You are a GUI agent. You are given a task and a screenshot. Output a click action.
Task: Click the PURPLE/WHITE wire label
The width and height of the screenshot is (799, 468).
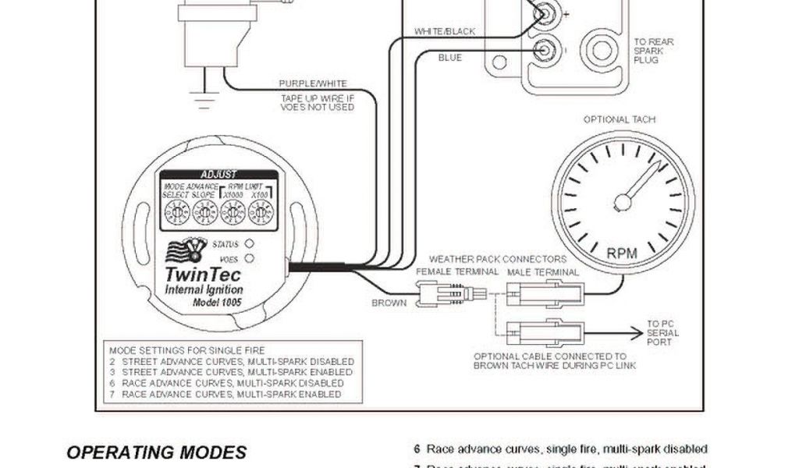click(x=313, y=83)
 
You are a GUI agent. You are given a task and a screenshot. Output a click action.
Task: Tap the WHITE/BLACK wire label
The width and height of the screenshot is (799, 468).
click(x=445, y=31)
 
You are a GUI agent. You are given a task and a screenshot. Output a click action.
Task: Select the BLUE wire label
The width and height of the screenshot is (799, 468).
click(x=449, y=58)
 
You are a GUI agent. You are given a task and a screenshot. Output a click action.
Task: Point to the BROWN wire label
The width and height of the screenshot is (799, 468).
click(x=389, y=303)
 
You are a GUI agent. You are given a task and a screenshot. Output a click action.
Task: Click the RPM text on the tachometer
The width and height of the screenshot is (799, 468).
click(x=622, y=252)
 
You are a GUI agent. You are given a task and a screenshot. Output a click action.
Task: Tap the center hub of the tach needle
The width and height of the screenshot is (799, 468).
click(x=622, y=203)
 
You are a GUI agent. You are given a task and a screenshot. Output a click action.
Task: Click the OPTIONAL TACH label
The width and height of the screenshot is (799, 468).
click(x=620, y=119)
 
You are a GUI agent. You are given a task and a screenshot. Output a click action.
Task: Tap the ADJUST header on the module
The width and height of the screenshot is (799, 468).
click(x=218, y=175)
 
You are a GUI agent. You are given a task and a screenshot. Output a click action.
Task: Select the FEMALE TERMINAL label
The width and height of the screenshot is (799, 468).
click(x=457, y=272)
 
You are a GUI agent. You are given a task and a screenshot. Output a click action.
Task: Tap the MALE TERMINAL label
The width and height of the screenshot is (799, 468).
click(x=543, y=272)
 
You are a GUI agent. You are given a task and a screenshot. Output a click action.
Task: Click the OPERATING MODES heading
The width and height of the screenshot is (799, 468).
click(x=156, y=452)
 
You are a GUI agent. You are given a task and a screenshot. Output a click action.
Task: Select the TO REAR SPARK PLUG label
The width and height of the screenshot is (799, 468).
click(x=654, y=51)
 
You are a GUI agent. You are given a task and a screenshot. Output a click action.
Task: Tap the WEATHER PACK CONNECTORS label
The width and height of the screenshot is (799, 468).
click(x=498, y=258)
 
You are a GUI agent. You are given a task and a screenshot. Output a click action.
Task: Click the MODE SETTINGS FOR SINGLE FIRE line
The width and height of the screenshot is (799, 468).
click(x=187, y=350)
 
